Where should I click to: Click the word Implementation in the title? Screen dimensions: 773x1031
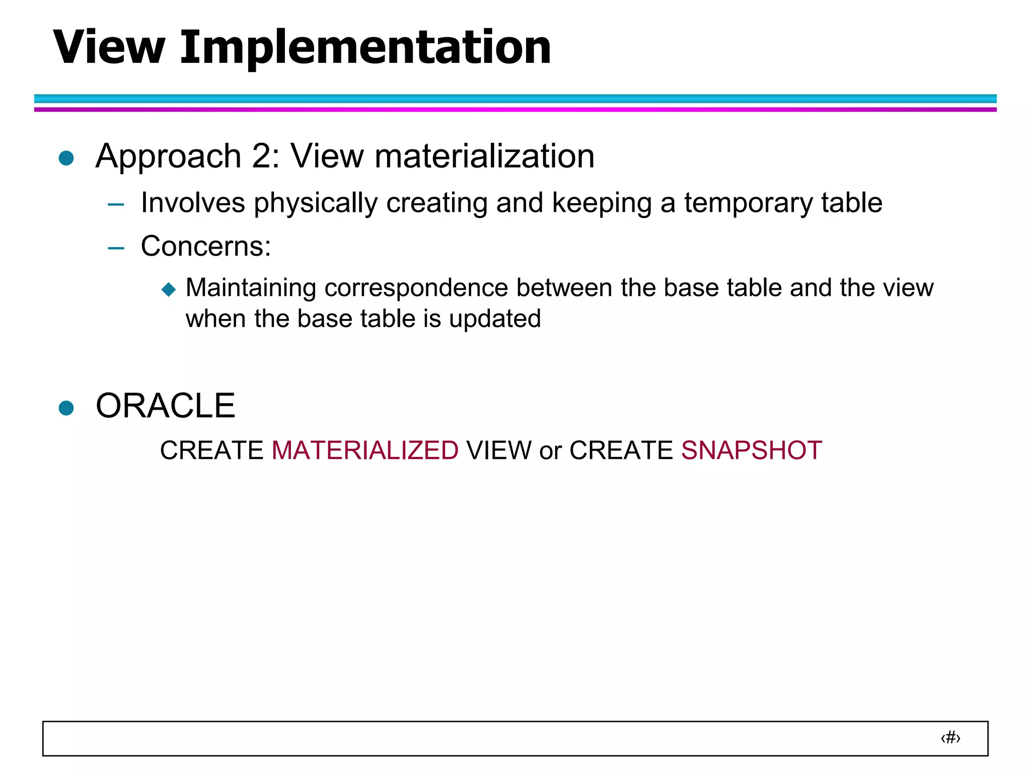coord(365,47)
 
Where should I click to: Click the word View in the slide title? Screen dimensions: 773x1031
coord(109,47)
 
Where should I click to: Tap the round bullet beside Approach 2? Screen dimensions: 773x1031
coord(66,158)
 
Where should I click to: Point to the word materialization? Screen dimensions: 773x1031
coord(484,156)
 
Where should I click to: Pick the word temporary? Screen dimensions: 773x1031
coord(748,203)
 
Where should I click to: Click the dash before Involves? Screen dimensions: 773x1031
coord(116,205)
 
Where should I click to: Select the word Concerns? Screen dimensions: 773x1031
coord(202,247)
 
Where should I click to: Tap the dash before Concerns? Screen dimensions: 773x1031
coord(116,248)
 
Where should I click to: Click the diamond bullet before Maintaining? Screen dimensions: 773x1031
coord(169,289)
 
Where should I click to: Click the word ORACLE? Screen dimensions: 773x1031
coord(165,406)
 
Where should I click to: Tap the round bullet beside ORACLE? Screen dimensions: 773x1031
coord(66,408)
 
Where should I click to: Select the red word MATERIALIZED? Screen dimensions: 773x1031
coord(365,450)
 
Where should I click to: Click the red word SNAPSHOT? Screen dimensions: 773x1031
coord(751,450)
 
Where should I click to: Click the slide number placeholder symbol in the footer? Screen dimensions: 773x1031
coord(950,738)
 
